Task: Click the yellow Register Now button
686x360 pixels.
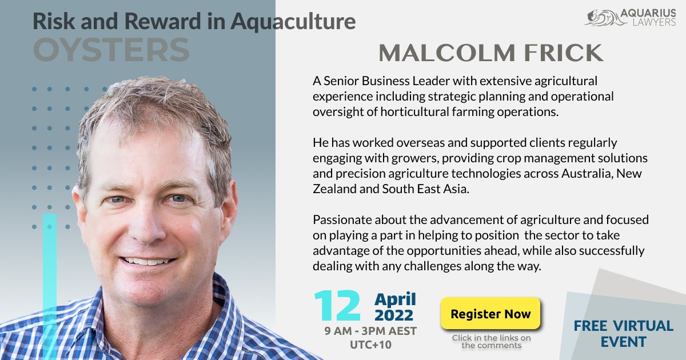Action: click(x=490, y=314)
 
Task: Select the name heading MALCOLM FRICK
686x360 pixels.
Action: click(x=490, y=53)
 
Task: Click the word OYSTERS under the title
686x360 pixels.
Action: click(x=111, y=50)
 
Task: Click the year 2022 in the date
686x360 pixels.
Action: click(x=394, y=315)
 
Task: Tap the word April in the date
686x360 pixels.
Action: click(x=395, y=299)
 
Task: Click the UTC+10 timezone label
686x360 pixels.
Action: click(x=370, y=345)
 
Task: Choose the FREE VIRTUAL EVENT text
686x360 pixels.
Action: click(x=624, y=334)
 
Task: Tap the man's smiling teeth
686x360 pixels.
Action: click(x=147, y=261)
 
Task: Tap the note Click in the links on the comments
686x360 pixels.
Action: click(x=491, y=341)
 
